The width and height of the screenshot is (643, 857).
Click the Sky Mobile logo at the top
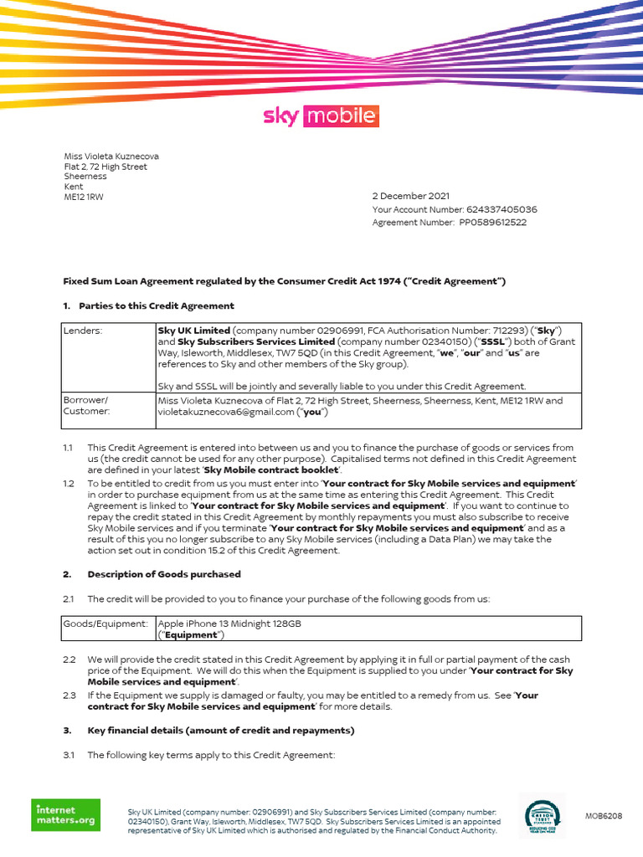coord(321,115)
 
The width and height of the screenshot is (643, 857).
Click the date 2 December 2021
coord(411,196)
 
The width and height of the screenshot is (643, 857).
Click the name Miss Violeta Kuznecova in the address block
coord(111,157)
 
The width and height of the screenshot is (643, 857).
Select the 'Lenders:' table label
coord(83,331)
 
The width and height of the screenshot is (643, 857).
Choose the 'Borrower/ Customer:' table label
coord(86,406)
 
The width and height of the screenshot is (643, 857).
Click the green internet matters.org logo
coord(66,815)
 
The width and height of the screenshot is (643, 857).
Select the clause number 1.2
coord(69,484)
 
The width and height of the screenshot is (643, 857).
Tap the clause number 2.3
coord(69,695)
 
